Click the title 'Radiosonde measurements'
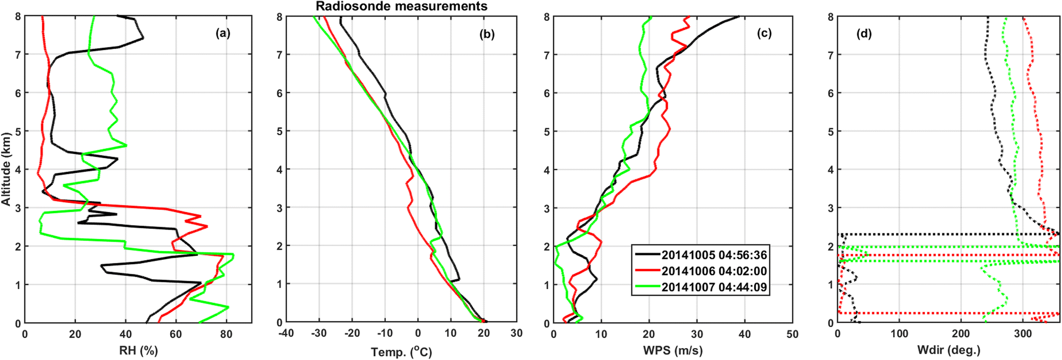401,6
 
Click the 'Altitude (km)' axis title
6,169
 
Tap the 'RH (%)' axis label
138,351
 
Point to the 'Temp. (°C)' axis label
401,352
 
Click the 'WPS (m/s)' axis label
672,351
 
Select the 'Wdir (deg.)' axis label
949,351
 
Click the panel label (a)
223,34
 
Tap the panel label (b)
487,35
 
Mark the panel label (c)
764,34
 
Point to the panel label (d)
864,34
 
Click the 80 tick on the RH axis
226,334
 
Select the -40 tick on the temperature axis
286,334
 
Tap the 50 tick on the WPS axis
792,334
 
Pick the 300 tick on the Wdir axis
1023,334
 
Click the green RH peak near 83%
233,254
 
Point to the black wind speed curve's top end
738,17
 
